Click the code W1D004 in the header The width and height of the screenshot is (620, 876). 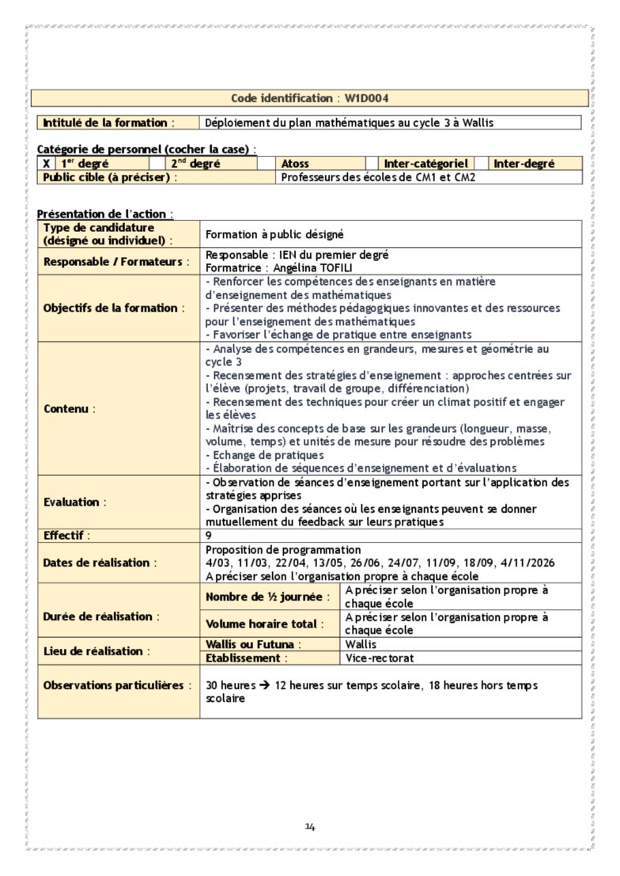(366, 98)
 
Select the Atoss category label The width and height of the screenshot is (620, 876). (296, 164)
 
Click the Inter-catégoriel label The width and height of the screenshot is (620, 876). (426, 164)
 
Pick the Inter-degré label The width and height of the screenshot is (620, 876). (524, 164)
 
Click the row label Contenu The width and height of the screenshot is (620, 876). (69, 409)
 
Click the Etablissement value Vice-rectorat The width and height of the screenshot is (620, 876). (380, 658)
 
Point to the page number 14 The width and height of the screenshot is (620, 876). (310, 827)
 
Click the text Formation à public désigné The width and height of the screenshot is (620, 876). (274, 234)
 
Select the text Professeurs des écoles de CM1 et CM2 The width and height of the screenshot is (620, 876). (379, 177)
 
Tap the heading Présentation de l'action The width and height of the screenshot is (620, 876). (104, 214)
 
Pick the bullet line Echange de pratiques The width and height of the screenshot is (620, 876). (265, 455)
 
